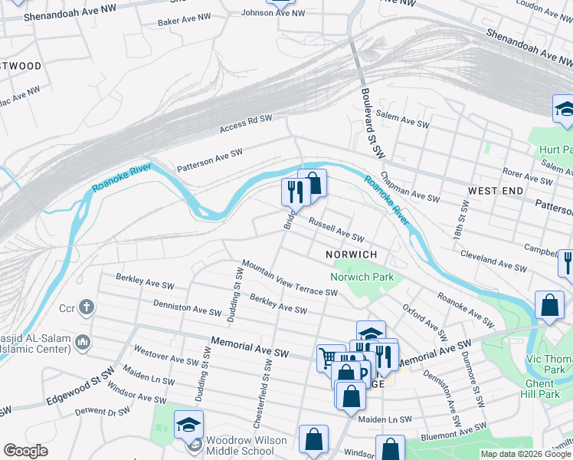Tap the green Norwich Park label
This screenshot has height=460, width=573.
tap(361, 277)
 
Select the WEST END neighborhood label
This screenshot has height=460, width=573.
tap(496, 190)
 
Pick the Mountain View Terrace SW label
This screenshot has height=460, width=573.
tap(290, 278)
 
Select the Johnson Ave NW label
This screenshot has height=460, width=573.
tap(273, 13)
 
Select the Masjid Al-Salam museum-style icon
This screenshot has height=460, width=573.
tap(83, 340)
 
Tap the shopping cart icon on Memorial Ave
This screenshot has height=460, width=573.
tap(328, 356)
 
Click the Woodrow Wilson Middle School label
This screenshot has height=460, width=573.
tap(238, 445)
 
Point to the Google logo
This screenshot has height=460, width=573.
tap(25, 451)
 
